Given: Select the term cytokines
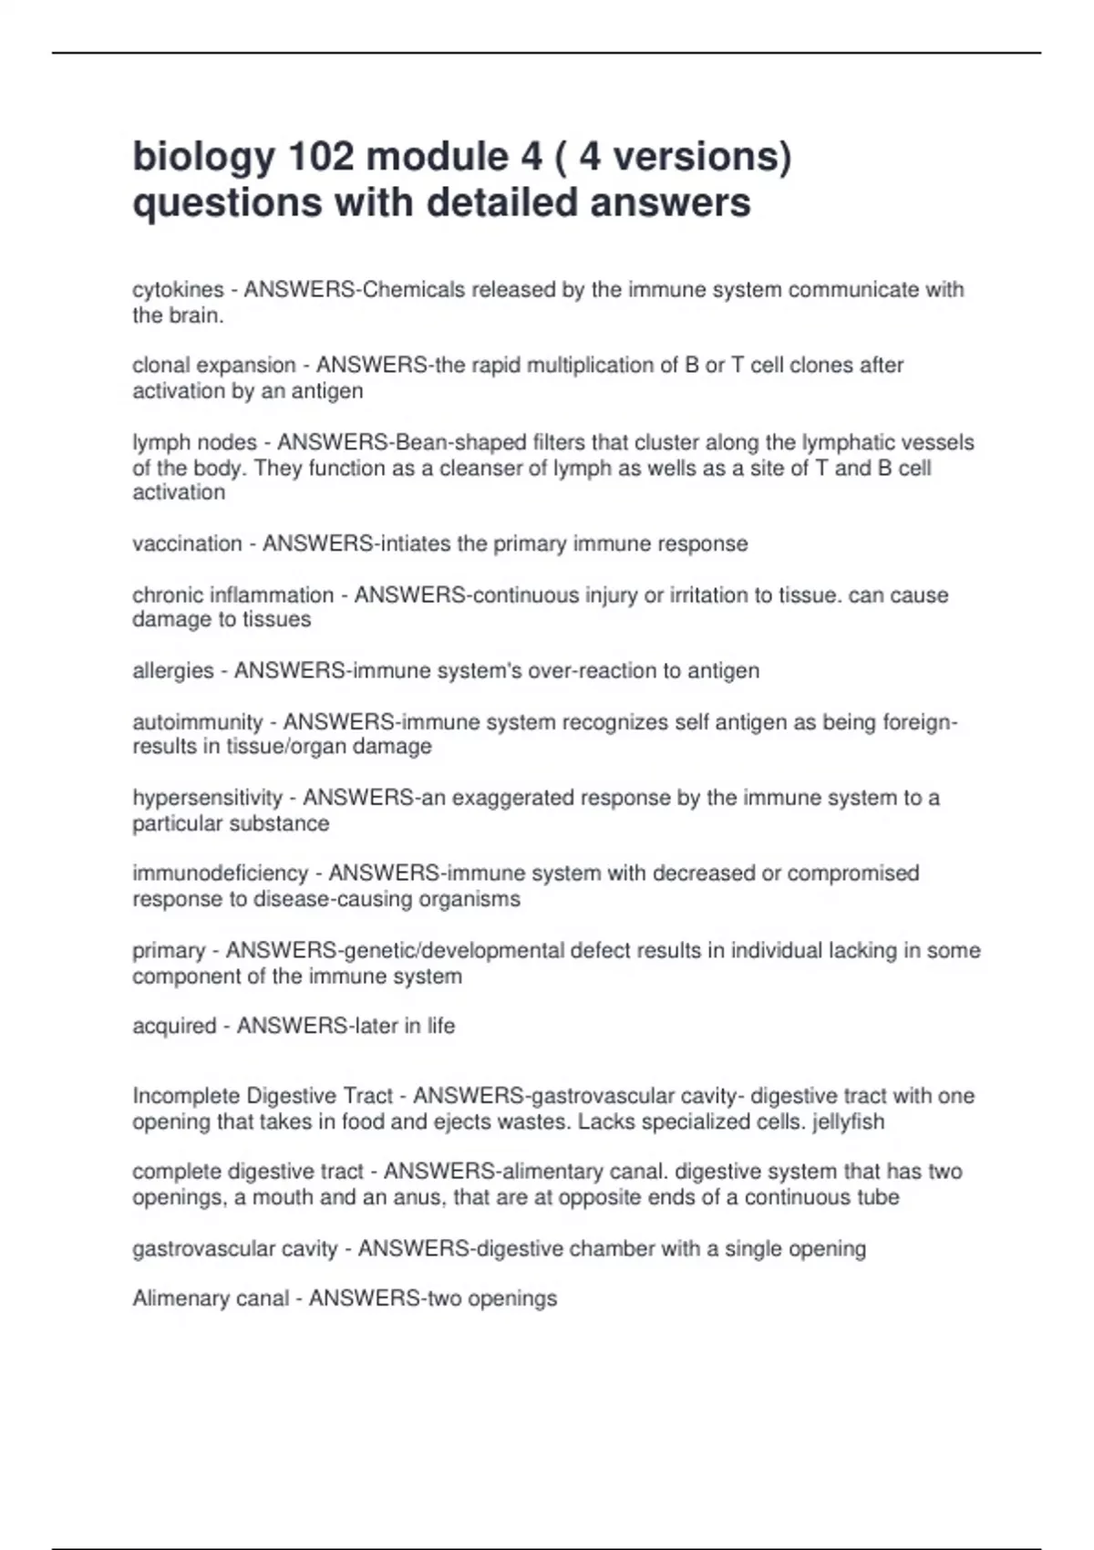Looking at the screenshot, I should coord(178,290).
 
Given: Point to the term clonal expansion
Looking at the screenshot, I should coord(214,366).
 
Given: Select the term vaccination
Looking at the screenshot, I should coord(187,544).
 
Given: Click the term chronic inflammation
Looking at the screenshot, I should coord(233,595).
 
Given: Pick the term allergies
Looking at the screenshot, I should coord(173,671).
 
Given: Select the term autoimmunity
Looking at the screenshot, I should coord(198,722).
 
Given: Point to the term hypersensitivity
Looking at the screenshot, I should coord(208,798).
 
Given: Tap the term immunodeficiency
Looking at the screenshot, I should coord(221,873).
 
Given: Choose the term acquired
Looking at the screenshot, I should coord(174,1027).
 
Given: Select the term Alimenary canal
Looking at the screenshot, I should coord(211,1298).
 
